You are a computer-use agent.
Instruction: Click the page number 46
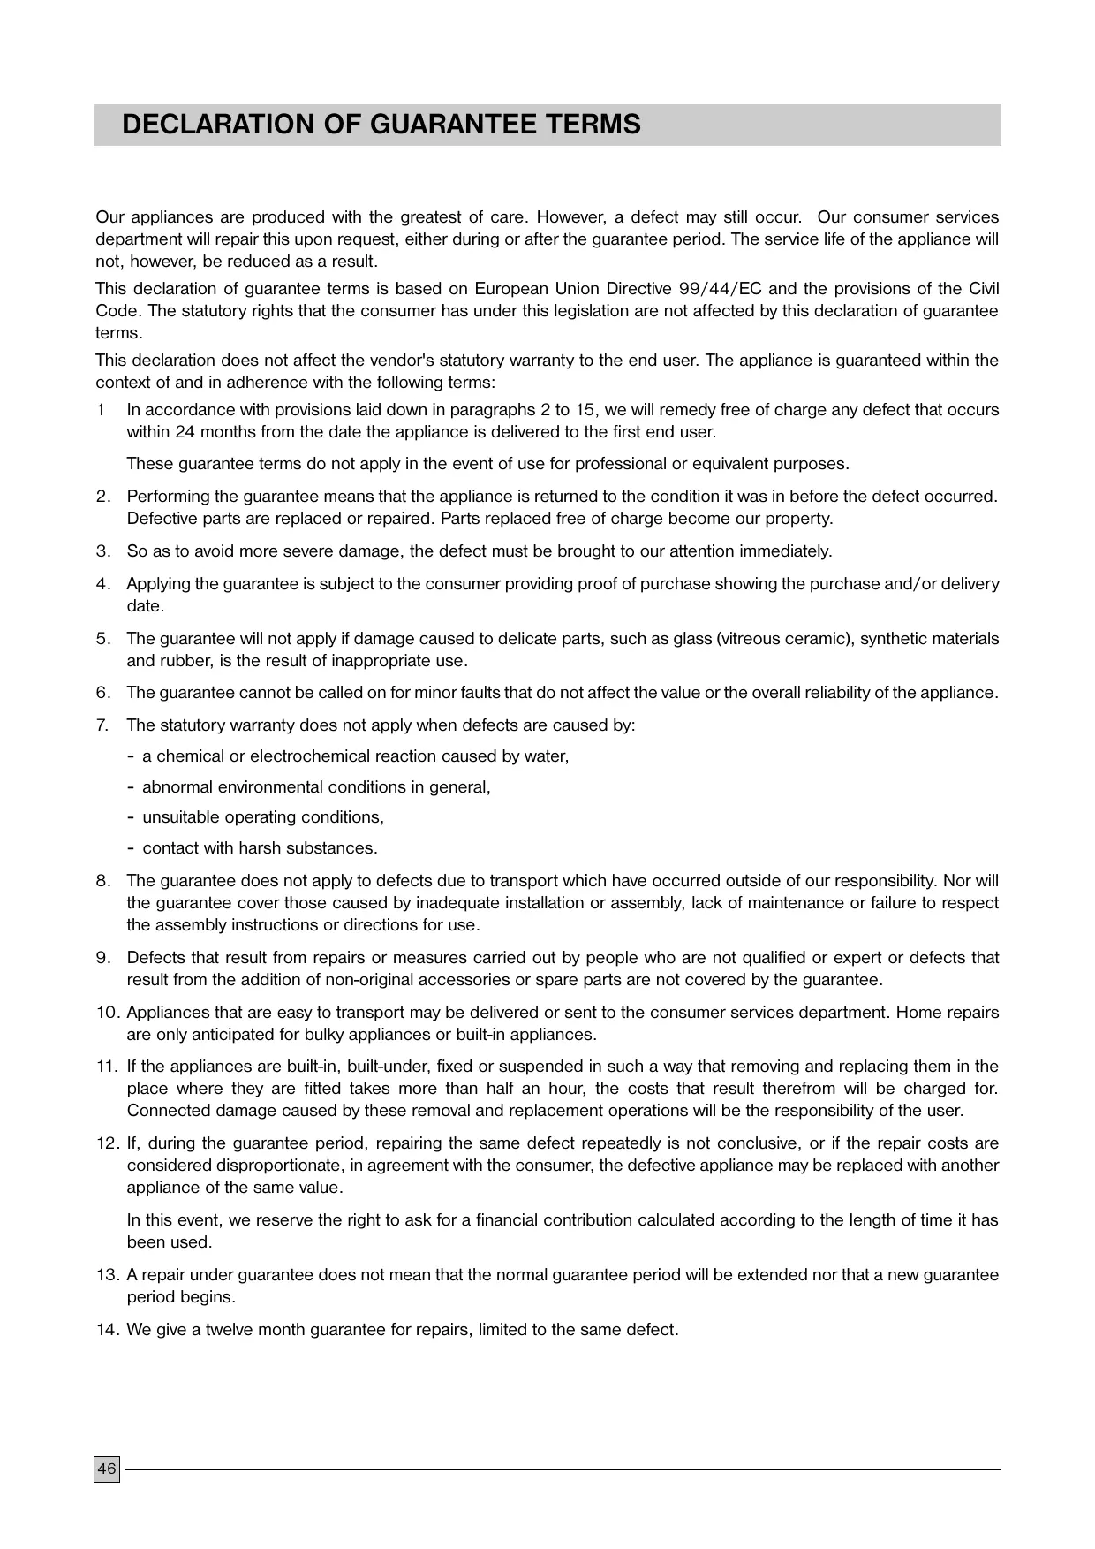[x=106, y=1469]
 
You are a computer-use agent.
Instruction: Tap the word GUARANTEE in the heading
[x=444, y=125]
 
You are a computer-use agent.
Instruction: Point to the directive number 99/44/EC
[x=714, y=289]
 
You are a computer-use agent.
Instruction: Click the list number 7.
[x=102, y=725]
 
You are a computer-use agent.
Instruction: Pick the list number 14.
[x=107, y=1330]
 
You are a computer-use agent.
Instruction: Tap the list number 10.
[x=107, y=1013]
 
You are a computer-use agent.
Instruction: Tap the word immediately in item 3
[x=785, y=551]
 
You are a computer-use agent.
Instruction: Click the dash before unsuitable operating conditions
[x=132, y=817]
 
